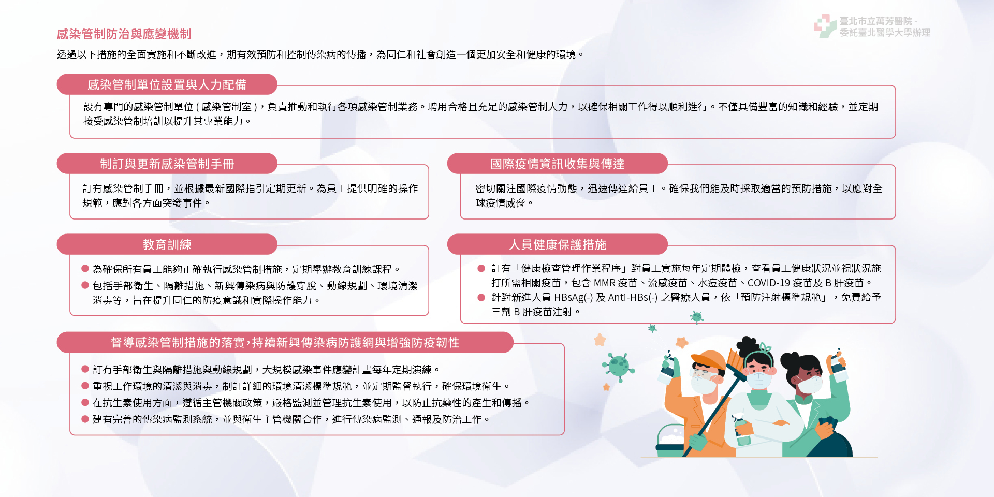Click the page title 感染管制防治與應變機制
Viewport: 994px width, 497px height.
click(124, 34)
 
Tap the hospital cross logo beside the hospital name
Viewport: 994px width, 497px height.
click(825, 26)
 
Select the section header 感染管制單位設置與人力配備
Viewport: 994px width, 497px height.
click(167, 84)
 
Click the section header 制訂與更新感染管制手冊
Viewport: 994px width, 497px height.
click(167, 164)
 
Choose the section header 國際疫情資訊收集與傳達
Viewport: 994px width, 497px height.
click(558, 164)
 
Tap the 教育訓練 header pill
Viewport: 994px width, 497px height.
click(167, 244)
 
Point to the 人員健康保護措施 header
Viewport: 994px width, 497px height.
click(558, 244)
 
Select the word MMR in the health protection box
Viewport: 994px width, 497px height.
click(604, 283)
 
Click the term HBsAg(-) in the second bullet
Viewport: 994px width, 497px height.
click(574, 297)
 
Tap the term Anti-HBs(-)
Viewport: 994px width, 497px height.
click(633, 297)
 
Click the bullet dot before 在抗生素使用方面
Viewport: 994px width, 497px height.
click(85, 402)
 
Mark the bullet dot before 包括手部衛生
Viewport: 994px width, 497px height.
click(85, 285)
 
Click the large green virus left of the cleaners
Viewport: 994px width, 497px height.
click(618, 365)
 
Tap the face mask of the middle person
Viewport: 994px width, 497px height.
click(759, 379)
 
